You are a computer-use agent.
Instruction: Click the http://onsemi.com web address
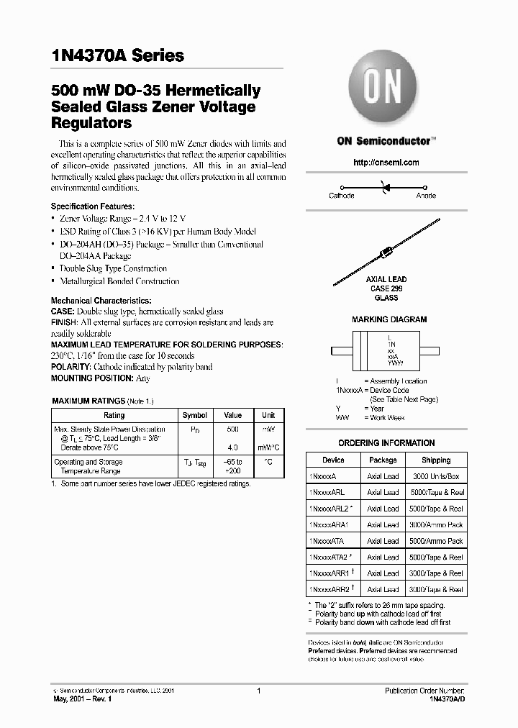[386, 163]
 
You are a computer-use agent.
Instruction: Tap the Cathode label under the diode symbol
[341, 196]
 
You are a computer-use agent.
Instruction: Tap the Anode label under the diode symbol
[426, 196]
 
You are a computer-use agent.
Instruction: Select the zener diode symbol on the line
[383, 186]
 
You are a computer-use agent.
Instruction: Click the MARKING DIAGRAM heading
[388, 319]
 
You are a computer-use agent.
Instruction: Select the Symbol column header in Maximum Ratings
[195, 415]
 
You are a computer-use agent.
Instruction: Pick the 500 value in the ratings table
[233, 429]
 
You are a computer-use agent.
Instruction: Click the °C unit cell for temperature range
[268, 462]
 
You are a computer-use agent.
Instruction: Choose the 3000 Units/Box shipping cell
[436, 476]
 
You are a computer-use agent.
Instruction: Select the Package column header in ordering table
[383, 460]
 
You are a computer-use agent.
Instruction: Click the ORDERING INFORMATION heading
[386, 443]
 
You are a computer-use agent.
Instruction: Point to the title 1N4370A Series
[118, 55]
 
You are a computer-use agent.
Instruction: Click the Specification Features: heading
[92, 206]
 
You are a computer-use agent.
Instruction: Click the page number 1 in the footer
[258, 691]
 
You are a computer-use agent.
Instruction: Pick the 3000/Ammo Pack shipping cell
[436, 525]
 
